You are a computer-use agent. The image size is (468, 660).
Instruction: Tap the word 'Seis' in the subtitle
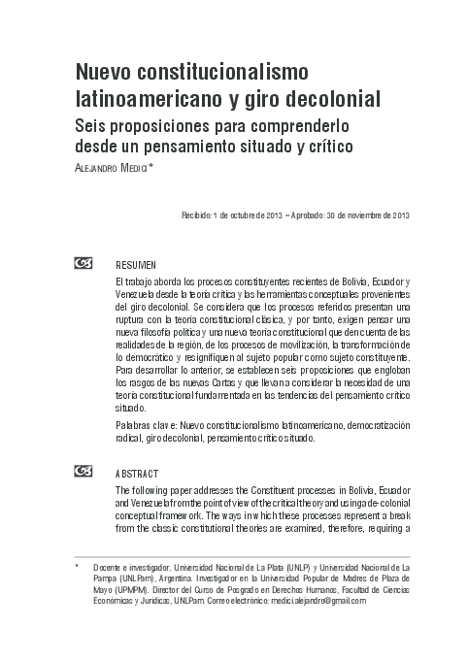click(x=93, y=126)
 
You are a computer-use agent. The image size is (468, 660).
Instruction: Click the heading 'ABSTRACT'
click(x=132, y=473)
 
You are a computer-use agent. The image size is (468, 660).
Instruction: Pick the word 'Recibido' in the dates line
click(x=199, y=214)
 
